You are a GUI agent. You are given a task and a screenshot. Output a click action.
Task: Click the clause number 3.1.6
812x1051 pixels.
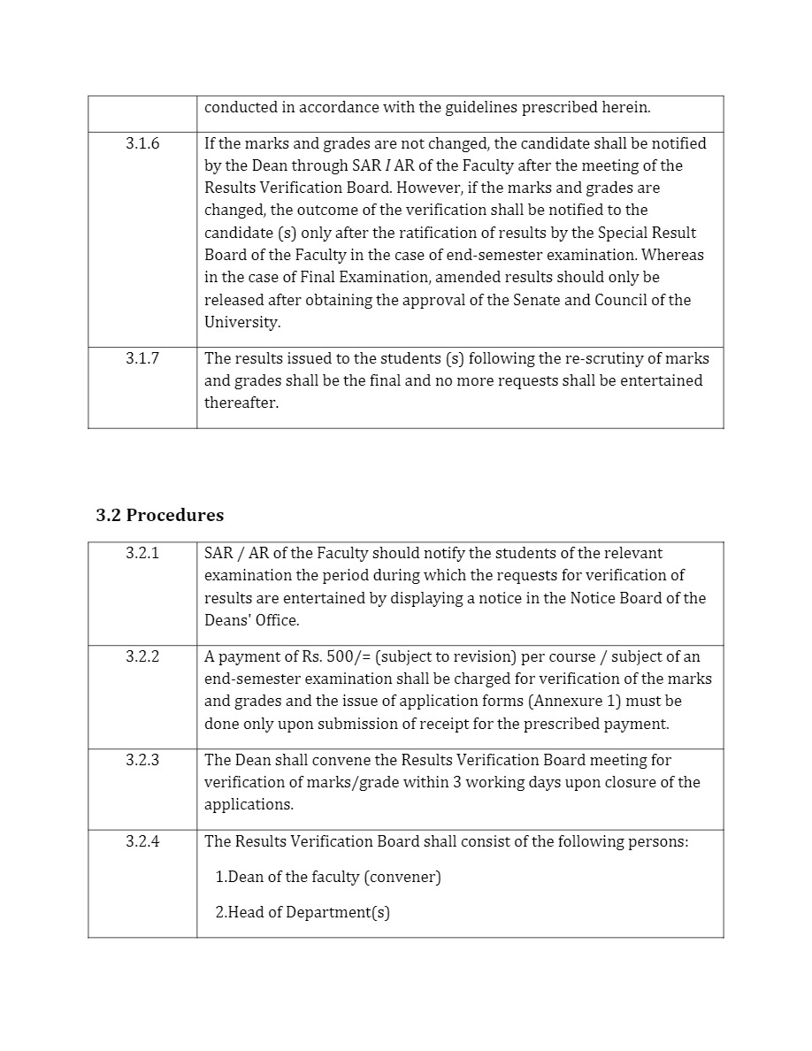pos(142,143)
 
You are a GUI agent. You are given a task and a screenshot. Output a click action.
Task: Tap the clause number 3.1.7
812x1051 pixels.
pos(142,358)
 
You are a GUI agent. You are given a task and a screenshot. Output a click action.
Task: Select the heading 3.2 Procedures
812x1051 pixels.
pos(159,515)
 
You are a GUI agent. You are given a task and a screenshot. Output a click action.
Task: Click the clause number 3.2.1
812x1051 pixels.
pos(142,554)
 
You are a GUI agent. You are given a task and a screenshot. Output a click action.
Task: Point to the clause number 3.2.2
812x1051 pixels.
pos(142,656)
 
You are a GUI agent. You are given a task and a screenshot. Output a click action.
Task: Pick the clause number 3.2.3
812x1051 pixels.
pos(142,760)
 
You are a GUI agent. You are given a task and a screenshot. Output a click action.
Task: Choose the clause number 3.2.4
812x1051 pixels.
pos(142,841)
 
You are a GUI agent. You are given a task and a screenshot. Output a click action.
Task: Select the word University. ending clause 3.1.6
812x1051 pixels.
pos(242,322)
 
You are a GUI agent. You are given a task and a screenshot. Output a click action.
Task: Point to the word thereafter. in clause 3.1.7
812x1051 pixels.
pos(241,403)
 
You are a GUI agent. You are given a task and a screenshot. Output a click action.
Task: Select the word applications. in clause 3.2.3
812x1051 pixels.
pos(249,805)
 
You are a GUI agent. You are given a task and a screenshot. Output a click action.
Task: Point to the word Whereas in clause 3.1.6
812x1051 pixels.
pos(673,255)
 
